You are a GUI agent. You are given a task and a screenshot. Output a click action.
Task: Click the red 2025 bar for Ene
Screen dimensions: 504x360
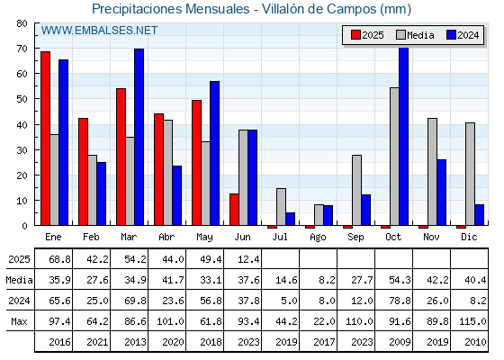click(x=45, y=139)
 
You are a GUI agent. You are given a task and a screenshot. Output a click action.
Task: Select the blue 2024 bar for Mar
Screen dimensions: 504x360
click(x=139, y=137)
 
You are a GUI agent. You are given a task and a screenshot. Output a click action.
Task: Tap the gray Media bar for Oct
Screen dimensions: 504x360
click(x=394, y=157)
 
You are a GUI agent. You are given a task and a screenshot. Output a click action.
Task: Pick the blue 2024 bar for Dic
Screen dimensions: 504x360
click(x=479, y=215)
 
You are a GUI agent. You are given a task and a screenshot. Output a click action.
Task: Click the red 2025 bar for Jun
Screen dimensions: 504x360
click(x=234, y=209)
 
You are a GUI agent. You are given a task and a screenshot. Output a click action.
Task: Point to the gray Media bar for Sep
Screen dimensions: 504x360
click(x=356, y=190)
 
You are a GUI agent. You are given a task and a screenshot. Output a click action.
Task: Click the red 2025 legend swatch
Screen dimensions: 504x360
click(x=355, y=35)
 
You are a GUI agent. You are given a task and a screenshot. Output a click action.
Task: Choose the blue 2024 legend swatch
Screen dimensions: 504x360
click(x=451, y=35)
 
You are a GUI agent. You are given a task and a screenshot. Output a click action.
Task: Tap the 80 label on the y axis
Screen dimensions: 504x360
click(x=22, y=23)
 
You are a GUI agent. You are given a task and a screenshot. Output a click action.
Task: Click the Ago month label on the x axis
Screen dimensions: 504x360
click(x=318, y=238)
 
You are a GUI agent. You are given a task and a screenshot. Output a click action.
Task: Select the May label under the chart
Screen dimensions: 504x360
click(x=204, y=238)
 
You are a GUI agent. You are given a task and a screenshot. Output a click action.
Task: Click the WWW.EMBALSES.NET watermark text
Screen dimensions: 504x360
click(x=99, y=31)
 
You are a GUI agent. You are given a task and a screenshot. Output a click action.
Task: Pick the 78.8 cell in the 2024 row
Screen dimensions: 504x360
click(x=400, y=301)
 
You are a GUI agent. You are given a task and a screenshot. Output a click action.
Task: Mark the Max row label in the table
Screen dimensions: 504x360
click(x=19, y=321)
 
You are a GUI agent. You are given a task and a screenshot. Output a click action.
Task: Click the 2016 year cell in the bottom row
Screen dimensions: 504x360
click(x=59, y=342)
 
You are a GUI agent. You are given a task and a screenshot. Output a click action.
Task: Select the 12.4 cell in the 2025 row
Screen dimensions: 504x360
click(x=248, y=259)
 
